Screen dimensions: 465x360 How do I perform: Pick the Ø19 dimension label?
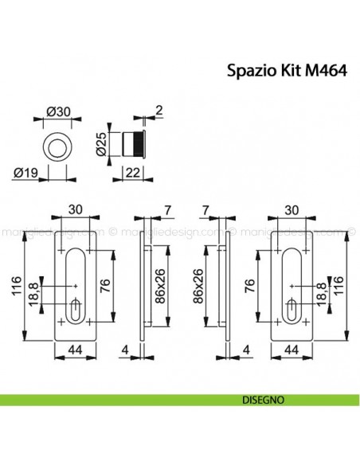click(26, 170)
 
